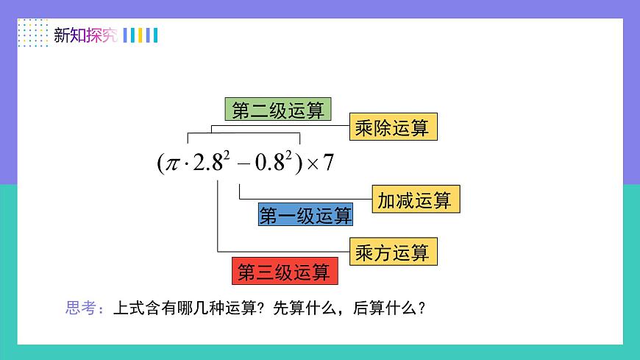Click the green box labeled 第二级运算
tap(277, 110)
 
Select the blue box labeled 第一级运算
tap(305, 215)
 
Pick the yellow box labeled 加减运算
tap(415, 200)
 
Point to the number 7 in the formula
tap(328, 162)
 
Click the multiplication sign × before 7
tap(312, 163)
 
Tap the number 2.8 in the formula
tap(207, 163)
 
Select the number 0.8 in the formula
tap(269, 163)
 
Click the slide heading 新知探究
tap(85, 35)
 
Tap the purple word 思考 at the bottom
tap(80, 308)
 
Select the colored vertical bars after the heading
tap(140, 35)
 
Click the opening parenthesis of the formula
tap(160, 163)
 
